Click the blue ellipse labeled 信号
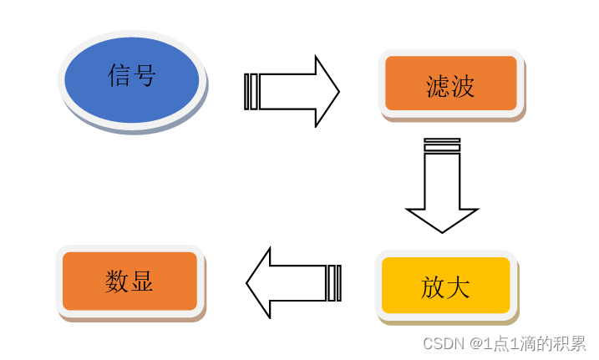(132, 80)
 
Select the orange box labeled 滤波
(450, 84)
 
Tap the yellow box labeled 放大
(445, 286)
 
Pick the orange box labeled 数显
(129, 281)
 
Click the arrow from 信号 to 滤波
(292, 91)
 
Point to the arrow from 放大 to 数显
(292, 282)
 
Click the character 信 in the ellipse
(120, 76)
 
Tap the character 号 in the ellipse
(145, 76)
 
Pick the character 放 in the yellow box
(433, 287)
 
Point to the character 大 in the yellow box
(457, 287)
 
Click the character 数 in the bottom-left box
(117, 281)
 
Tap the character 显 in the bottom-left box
(141, 281)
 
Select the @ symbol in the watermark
(475, 343)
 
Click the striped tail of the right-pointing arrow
(251, 91)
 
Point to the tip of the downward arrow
(442, 229)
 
